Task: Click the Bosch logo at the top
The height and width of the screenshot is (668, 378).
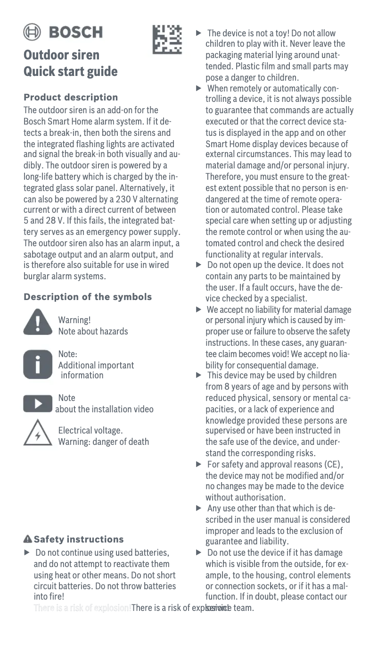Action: point(63,32)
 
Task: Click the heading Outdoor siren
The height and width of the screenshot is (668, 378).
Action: point(62,55)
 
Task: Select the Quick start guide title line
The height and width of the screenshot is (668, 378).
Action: point(71,72)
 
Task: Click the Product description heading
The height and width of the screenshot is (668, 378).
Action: point(71,98)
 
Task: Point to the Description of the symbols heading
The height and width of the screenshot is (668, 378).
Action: point(88,297)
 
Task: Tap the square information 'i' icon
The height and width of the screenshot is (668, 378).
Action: point(38,364)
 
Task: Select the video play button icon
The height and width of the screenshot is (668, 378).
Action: point(38,404)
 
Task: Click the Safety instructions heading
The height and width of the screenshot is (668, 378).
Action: point(79,539)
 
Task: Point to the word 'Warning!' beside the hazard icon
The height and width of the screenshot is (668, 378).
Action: point(74,320)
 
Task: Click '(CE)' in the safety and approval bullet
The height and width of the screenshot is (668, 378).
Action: point(334,465)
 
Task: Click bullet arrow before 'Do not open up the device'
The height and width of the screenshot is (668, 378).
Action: point(199,265)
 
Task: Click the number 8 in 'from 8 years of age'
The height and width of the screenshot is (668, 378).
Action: point(227,387)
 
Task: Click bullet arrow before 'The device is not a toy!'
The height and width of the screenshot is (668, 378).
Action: point(199,33)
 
